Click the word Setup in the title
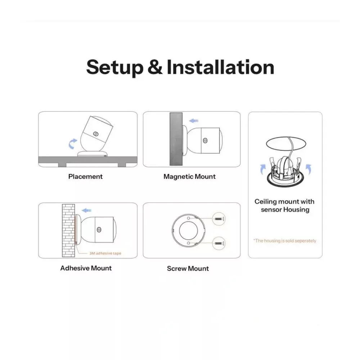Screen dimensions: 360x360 (x=115, y=68)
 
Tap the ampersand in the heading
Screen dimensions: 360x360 (x=155, y=67)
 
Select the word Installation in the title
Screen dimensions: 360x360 (x=220, y=67)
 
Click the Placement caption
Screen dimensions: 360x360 (x=85, y=176)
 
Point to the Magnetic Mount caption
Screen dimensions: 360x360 (x=189, y=176)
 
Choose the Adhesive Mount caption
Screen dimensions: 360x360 (x=86, y=268)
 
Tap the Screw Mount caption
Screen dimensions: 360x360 (x=188, y=269)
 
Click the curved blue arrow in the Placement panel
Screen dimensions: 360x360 (x=73, y=144)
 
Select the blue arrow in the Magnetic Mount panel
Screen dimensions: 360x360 (x=194, y=121)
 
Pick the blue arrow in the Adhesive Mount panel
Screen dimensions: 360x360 (x=86, y=210)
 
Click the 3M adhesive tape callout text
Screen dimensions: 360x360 (x=105, y=253)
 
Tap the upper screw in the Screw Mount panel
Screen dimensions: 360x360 (x=219, y=219)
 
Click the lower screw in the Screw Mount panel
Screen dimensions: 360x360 (x=219, y=243)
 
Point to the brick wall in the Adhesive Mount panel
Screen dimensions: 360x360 (x=68, y=230)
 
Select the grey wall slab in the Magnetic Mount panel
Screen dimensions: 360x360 (x=176, y=139)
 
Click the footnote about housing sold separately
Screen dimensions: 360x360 (x=285, y=240)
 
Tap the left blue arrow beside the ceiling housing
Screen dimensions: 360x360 (x=263, y=170)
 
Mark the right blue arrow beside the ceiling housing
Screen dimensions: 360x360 (x=309, y=169)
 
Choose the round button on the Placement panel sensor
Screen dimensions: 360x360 (x=95, y=134)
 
